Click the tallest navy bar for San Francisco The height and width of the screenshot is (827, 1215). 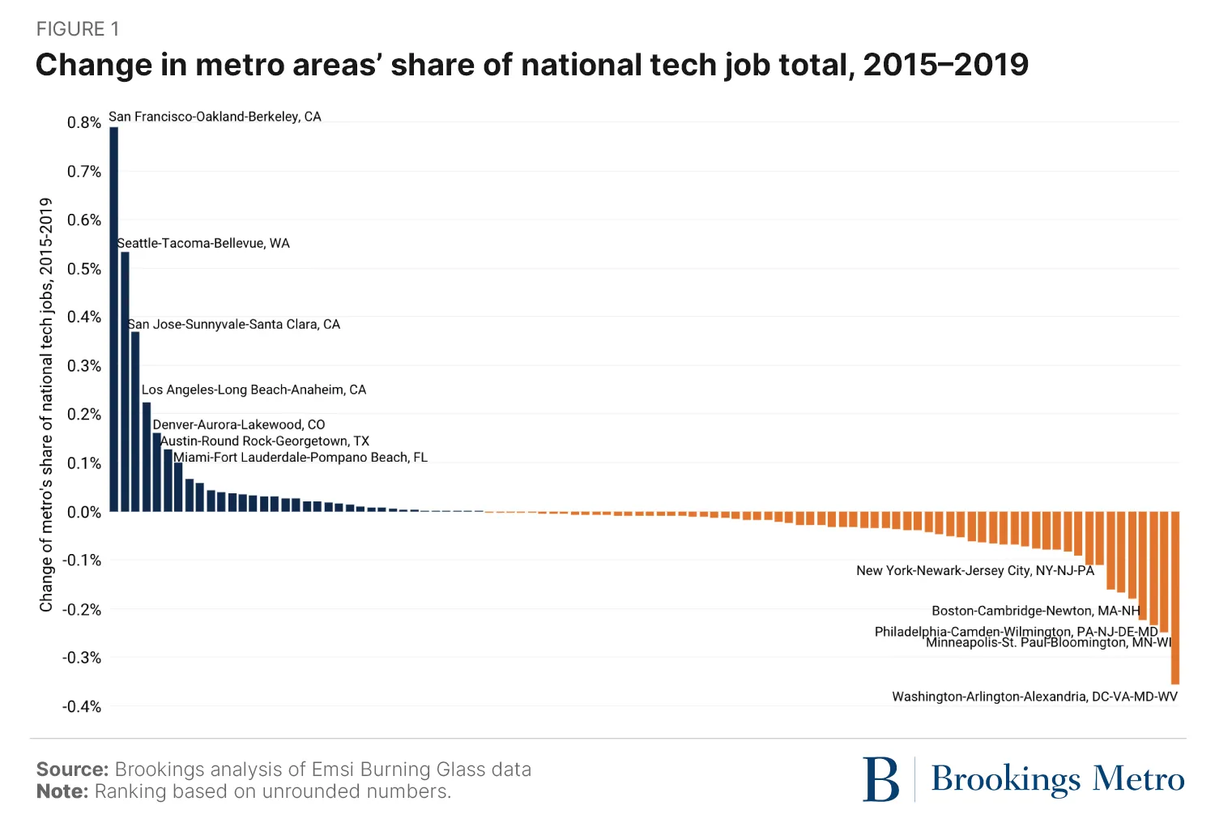tap(114, 319)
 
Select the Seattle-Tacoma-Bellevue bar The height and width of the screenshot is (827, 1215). tap(125, 382)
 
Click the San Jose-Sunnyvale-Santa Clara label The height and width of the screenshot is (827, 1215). tap(234, 325)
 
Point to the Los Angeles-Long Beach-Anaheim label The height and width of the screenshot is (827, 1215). tap(254, 390)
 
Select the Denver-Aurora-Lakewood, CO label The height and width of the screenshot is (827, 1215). tap(239, 424)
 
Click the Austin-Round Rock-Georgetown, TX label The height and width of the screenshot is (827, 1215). tap(265, 441)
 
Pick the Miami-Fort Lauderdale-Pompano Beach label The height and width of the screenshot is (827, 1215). tap(301, 458)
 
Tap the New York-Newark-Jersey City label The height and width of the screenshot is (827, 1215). tap(975, 571)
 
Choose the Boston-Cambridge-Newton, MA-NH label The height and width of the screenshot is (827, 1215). tap(1035, 611)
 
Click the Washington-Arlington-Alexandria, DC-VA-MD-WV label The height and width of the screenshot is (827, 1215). tap(1034, 697)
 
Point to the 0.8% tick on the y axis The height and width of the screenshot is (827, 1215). tap(84, 123)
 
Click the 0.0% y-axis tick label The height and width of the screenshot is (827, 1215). tap(84, 512)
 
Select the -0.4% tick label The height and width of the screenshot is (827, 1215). tap(82, 706)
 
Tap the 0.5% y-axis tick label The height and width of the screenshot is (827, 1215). tap(84, 269)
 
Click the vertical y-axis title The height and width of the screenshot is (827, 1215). tap(46, 405)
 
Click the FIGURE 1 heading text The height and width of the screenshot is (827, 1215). tap(78, 29)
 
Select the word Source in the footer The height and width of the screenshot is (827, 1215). tap(72, 769)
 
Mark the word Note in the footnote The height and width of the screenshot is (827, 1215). tap(62, 791)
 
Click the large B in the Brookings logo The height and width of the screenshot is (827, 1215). tap(881, 779)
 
